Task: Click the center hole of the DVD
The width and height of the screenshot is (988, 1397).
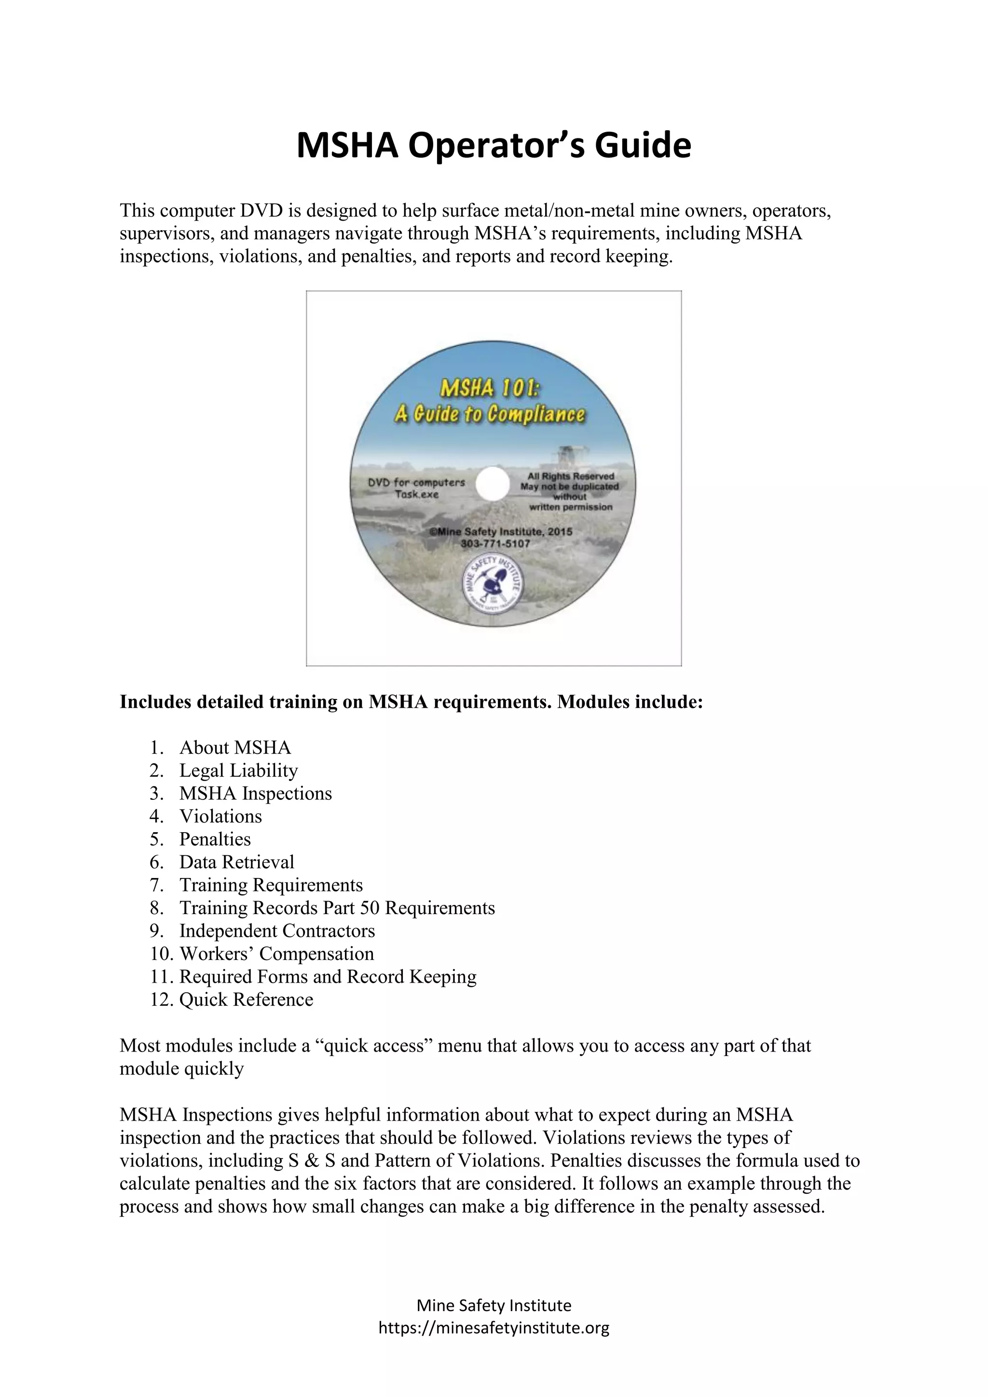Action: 492,485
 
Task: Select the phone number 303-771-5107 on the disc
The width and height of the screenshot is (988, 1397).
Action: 495,543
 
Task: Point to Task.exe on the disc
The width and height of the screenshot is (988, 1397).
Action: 416,494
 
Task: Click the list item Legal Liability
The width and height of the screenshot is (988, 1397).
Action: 238,770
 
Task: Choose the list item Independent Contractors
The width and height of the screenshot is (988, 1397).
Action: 277,931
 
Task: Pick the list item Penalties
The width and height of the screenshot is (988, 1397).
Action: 215,839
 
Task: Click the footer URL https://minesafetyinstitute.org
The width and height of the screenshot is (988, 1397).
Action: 494,1328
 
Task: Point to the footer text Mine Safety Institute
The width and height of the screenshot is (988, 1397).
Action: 494,1305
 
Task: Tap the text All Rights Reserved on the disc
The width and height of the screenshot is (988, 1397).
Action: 571,476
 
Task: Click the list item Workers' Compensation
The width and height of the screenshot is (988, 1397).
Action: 276,953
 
